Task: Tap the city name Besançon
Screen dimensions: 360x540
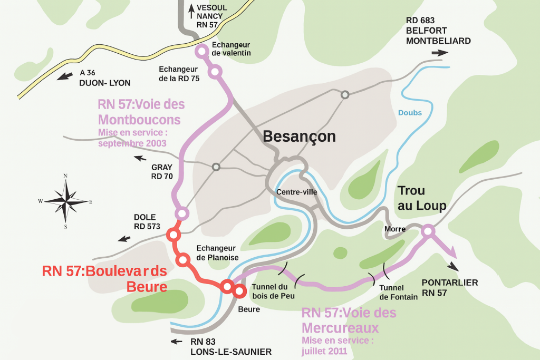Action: (x=299, y=137)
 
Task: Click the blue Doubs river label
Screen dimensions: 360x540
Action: (x=410, y=113)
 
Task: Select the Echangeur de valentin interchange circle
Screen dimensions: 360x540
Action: (x=201, y=51)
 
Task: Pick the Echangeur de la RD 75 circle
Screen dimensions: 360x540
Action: (x=215, y=72)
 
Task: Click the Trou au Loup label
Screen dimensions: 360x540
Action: (x=422, y=198)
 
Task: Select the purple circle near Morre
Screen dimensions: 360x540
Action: (x=428, y=231)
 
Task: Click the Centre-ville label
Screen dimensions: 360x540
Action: (x=296, y=192)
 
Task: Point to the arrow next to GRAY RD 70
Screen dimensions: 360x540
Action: (x=141, y=158)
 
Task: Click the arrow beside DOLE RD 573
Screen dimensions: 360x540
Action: (x=124, y=239)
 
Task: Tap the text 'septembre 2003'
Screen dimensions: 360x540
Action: (x=132, y=143)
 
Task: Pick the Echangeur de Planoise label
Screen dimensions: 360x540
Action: (x=217, y=252)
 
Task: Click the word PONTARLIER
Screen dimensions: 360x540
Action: (x=450, y=283)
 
